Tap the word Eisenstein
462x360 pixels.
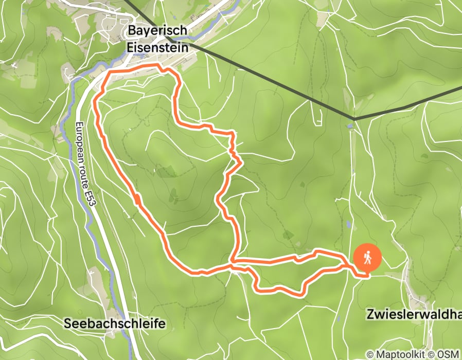158,46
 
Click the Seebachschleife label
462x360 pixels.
115,323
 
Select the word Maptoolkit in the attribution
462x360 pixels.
402,354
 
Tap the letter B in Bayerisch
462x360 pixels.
131,31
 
